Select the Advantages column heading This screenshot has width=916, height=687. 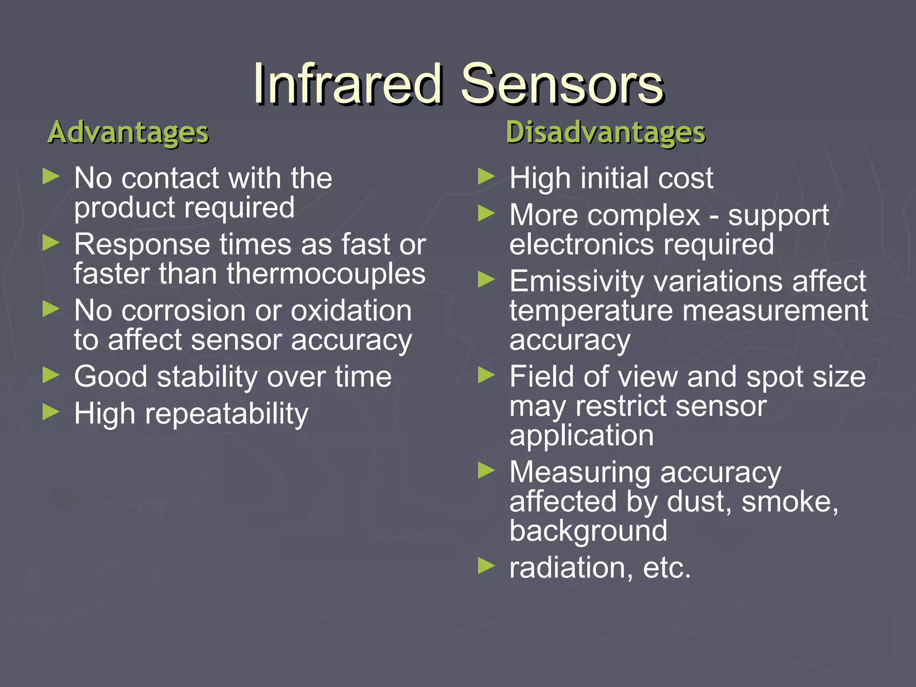tap(128, 133)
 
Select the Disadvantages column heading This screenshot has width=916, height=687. tap(606, 133)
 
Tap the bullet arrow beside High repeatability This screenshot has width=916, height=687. tap(51, 411)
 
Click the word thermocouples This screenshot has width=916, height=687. tap(326, 274)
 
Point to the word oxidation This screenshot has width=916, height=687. tap(351, 310)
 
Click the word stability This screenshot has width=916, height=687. tap(207, 377)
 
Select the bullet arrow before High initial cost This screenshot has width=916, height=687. tap(486, 177)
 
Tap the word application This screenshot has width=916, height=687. tap(581, 435)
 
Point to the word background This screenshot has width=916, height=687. tap(588, 531)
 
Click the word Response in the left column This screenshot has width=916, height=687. tap(142, 245)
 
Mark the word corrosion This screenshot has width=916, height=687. tap(184, 310)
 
